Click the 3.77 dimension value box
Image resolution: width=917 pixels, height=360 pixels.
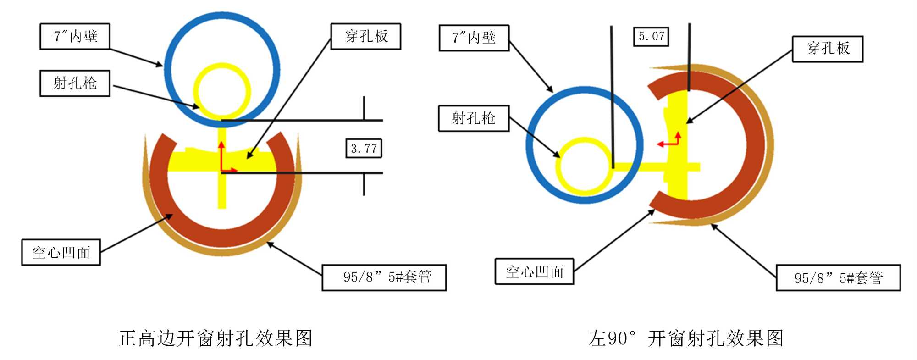coord(364,148)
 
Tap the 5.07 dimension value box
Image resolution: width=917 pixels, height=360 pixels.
coord(651,36)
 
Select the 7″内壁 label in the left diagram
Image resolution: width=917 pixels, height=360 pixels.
coord(75,36)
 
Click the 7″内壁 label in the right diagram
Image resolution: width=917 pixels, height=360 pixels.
coord(474,38)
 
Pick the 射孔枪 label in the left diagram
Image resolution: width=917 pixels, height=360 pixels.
coord(75,83)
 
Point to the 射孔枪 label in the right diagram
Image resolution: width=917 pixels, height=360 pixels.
coord(474,118)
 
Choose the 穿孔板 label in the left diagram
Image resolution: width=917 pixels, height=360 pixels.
coord(366,36)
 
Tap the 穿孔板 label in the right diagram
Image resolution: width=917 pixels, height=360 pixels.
coord(828,49)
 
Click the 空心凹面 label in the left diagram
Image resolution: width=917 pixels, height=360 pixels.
coord(61,252)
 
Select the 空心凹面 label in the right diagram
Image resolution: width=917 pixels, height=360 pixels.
coord(534,271)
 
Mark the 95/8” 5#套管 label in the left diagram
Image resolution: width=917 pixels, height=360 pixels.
coord(384,277)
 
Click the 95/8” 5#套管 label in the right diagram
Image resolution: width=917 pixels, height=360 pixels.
coord(838,278)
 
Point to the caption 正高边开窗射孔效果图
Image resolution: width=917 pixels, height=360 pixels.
coord(215,338)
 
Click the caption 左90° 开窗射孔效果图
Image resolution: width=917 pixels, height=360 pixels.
coord(686,338)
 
